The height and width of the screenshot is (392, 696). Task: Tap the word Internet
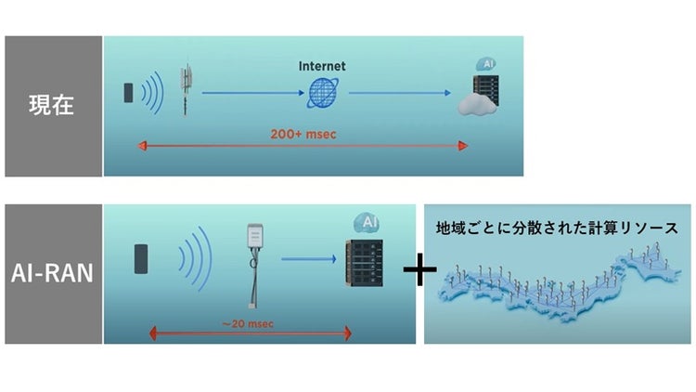322,66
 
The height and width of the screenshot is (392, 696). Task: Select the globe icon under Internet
322,93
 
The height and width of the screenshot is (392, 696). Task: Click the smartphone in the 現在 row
129,93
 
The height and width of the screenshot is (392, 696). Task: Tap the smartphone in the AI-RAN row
141,259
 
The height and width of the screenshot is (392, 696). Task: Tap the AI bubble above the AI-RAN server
366,223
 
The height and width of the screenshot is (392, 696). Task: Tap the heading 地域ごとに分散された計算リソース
558,227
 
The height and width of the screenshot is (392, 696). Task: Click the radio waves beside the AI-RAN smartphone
194,259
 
